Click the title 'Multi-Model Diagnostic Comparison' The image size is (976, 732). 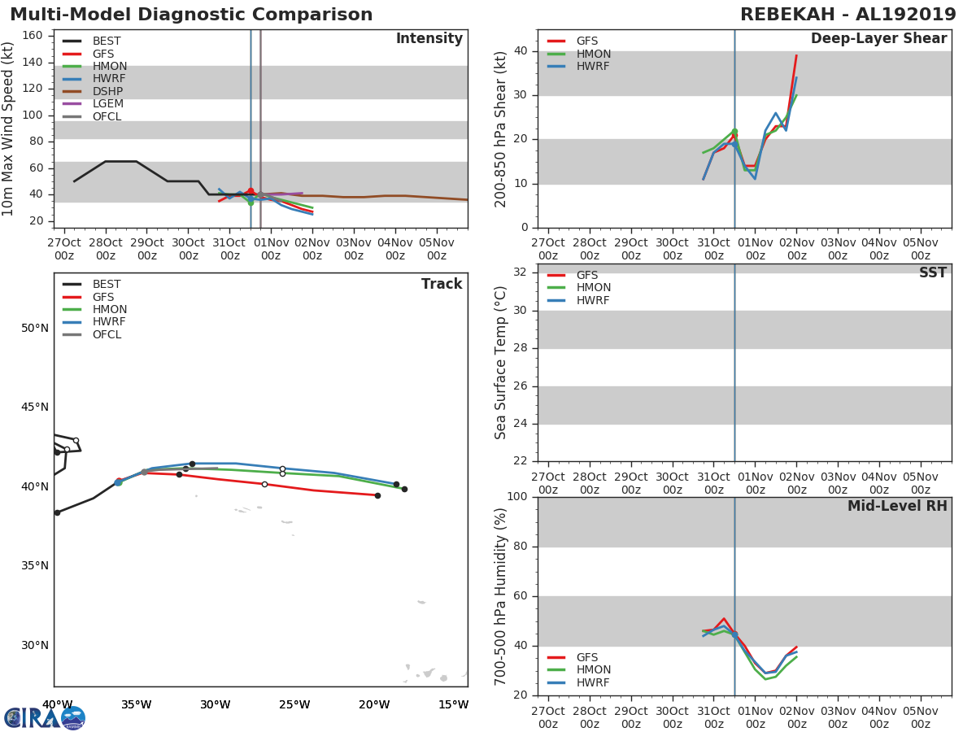click(191, 15)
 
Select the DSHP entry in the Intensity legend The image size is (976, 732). click(107, 91)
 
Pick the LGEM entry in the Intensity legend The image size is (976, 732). click(107, 103)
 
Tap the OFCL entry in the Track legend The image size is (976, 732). click(107, 334)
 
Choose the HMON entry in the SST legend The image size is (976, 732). click(593, 288)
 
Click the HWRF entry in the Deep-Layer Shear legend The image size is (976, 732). click(593, 66)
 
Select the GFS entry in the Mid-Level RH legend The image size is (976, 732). click(586, 657)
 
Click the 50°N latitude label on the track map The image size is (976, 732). click(35, 329)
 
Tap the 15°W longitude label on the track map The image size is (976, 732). click(453, 704)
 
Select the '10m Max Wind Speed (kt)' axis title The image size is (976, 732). click(9, 129)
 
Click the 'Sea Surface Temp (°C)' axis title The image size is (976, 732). click(502, 364)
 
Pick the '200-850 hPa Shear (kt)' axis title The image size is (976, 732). click(502, 129)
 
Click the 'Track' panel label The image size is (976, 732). click(441, 284)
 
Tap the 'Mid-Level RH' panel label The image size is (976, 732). click(896, 506)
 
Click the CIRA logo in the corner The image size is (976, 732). click(45, 718)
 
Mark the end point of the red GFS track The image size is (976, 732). click(377, 495)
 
